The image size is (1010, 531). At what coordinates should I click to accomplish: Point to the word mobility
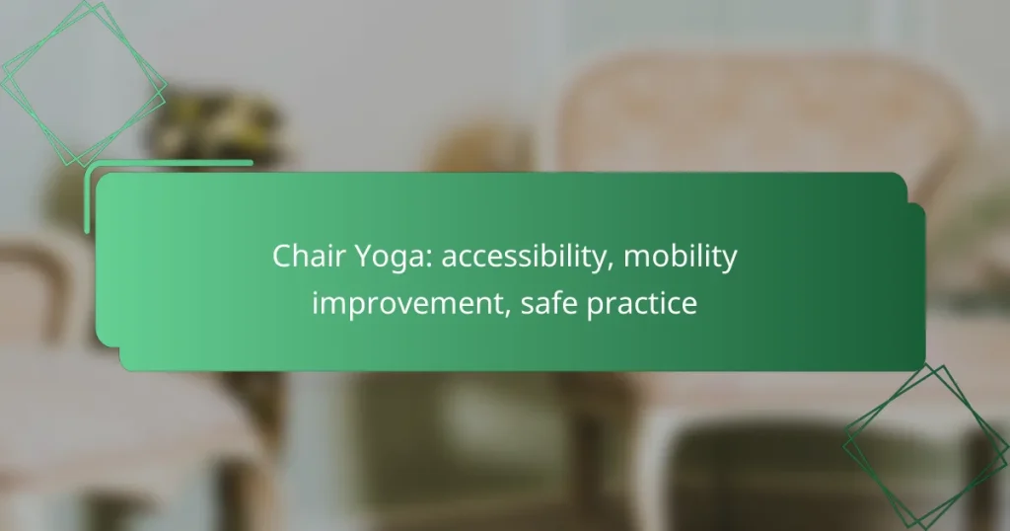(x=681, y=259)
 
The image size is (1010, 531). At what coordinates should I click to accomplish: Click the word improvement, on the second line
(x=411, y=304)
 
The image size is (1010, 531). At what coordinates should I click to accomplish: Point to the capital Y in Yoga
(x=346, y=257)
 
